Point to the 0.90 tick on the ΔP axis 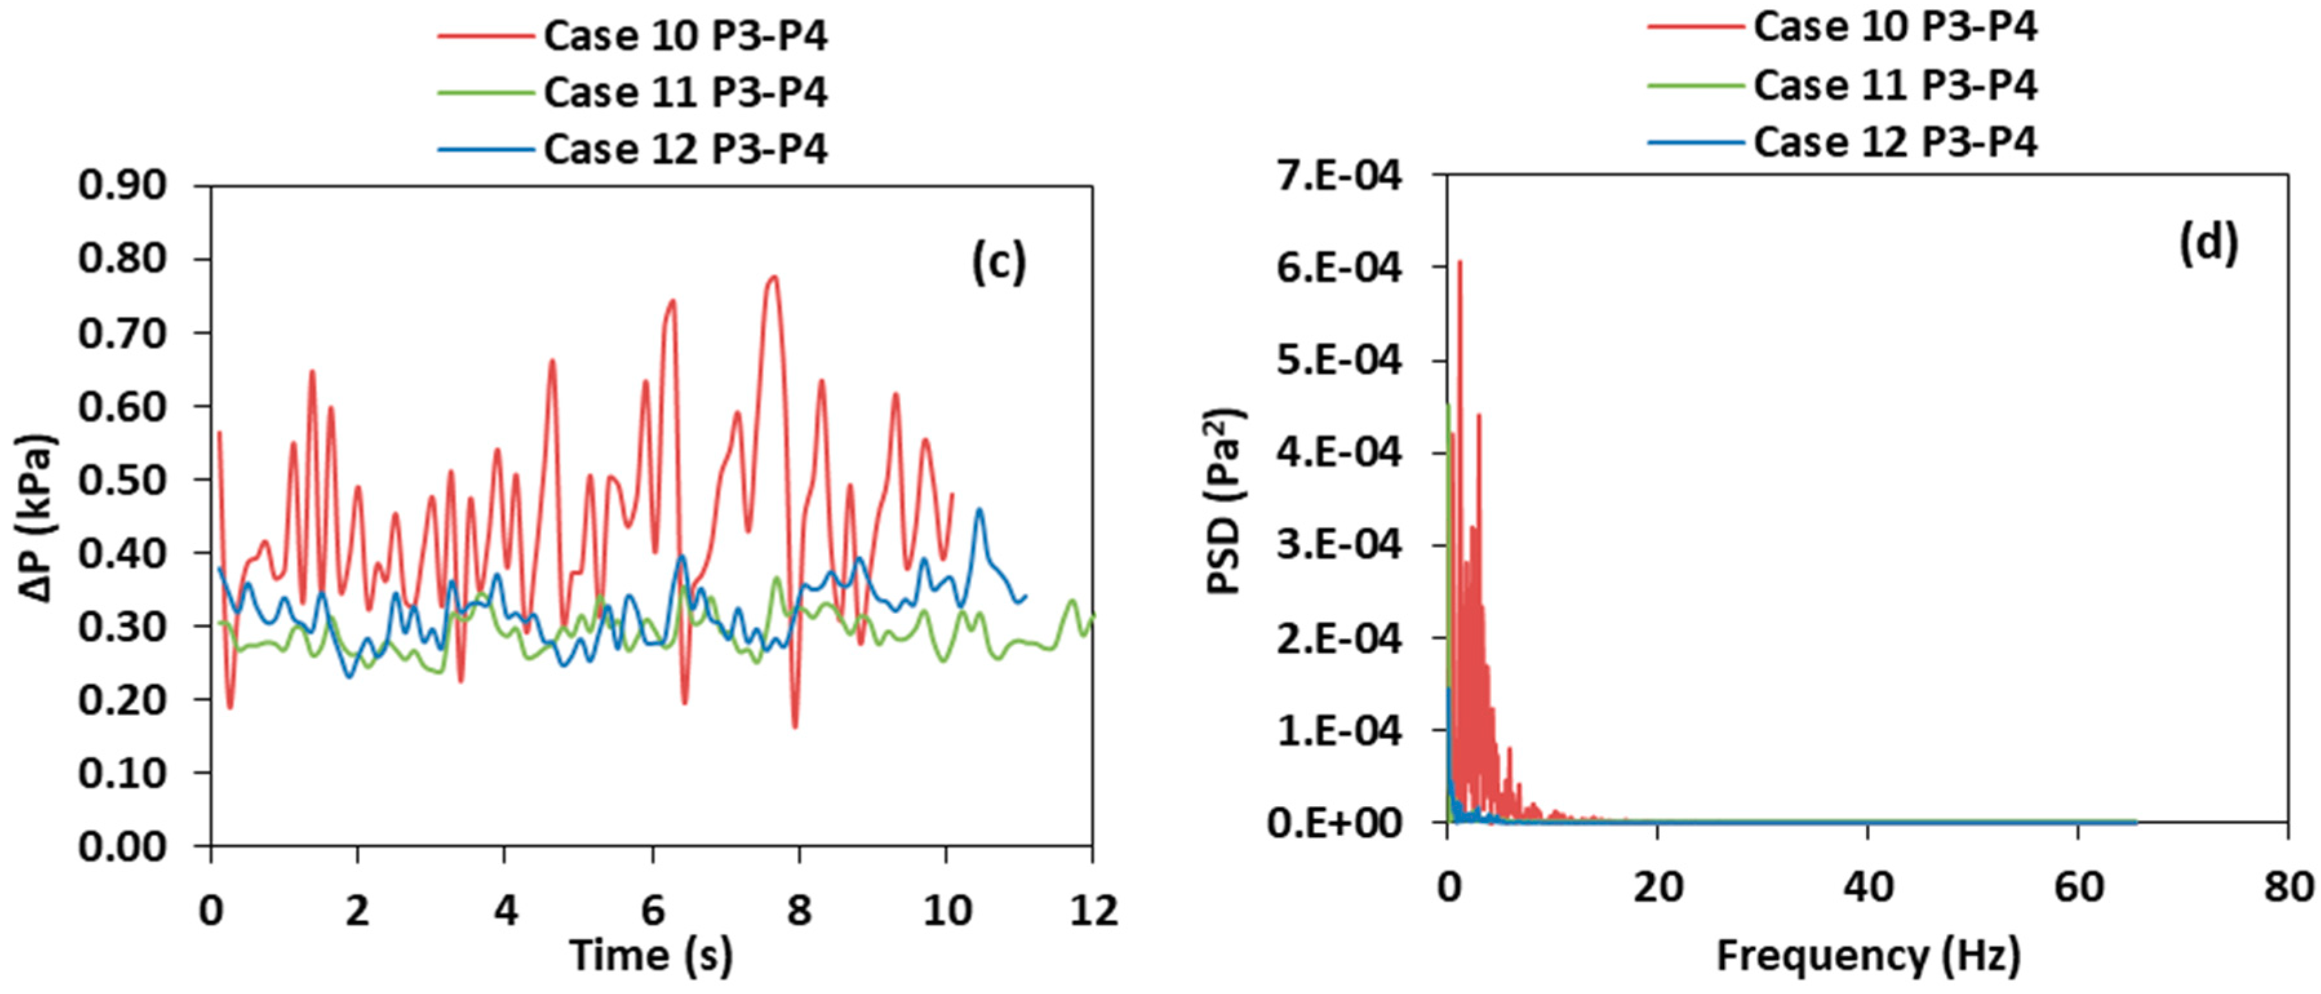123,186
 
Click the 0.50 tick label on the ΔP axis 123,480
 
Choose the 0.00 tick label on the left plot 123,846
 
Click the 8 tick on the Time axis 798,911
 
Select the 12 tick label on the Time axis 1092,911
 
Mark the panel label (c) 998,263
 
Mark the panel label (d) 2207,243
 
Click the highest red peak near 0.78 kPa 773,278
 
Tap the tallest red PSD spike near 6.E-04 1460,262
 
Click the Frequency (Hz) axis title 1868,955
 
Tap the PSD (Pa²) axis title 1227,501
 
